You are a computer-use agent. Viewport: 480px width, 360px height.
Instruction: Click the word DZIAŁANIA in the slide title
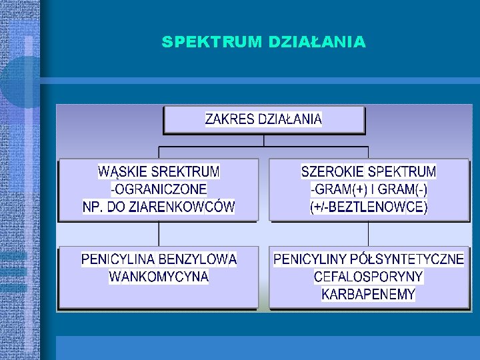(316, 42)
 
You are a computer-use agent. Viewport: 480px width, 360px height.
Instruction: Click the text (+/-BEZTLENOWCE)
(369, 207)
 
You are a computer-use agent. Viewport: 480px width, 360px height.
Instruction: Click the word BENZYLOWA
(202, 259)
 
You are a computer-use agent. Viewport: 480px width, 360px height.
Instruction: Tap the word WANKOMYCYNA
(159, 276)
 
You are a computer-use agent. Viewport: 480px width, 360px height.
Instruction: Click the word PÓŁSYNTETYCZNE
(411, 259)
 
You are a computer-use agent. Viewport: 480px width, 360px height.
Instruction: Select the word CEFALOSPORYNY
(369, 276)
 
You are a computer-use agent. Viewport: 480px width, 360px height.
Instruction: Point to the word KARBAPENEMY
(369, 293)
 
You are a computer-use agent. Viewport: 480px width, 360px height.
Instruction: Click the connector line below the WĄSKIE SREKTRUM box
(159, 234)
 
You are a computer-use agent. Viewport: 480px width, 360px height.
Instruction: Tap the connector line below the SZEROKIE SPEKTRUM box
(369, 234)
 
